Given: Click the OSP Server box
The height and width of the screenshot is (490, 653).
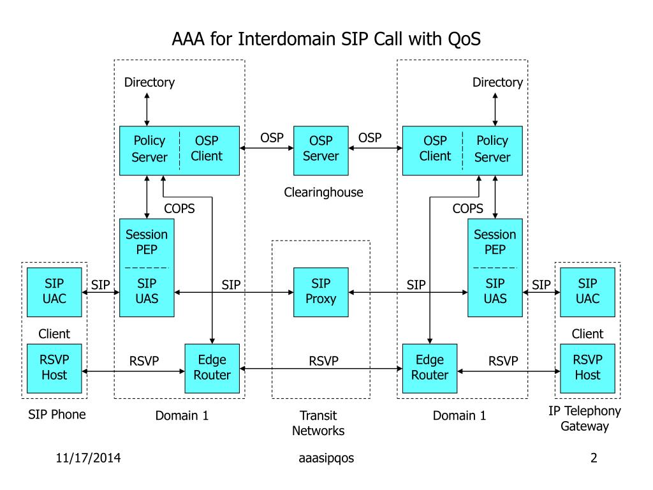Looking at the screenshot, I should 321,150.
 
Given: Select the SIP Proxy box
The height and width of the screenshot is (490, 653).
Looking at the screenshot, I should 321,292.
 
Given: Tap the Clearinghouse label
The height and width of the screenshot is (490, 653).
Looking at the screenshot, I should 323,192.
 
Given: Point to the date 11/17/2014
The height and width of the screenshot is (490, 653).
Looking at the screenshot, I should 89,457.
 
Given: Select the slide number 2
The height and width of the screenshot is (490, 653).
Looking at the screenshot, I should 593,457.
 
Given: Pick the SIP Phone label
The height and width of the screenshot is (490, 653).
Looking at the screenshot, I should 57,415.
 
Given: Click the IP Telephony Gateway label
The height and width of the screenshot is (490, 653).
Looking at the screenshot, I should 585,419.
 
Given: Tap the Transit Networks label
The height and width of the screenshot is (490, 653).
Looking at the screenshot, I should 318,423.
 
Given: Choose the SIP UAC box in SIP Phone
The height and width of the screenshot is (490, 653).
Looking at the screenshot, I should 54,292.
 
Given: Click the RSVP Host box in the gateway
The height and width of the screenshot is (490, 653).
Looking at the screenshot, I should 587,367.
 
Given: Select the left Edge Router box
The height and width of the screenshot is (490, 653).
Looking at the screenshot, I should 212,367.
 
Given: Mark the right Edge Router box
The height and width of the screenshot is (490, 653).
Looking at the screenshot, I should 430,367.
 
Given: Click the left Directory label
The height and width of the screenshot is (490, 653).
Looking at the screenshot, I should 149,82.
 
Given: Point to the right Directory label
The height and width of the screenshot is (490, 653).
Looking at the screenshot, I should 497,82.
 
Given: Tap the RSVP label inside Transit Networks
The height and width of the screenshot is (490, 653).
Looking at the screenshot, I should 323,361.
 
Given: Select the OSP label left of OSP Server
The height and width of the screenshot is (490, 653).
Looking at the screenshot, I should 272,138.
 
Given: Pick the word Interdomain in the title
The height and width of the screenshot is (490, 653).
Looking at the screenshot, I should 287,40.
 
